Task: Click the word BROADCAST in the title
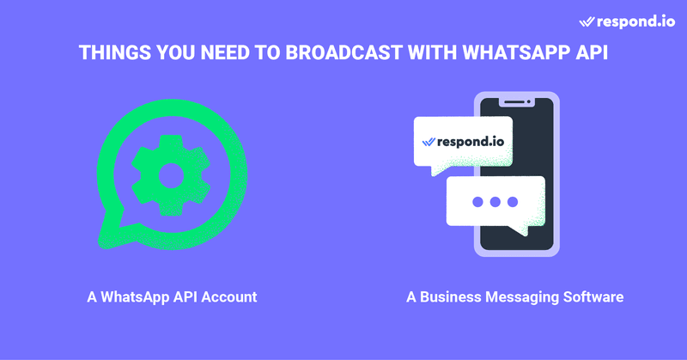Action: (344, 52)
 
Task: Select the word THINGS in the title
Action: (115, 52)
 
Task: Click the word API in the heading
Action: (592, 52)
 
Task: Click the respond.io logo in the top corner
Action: (627, 21)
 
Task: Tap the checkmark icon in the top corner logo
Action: (587, 22)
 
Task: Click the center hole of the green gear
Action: (171, 175)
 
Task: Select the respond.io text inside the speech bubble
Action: (471, 142)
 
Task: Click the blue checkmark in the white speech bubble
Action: (428, 142)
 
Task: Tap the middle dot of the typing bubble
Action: (495, 202)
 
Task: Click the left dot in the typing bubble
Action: (478, 202)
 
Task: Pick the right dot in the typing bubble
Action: (513, 202)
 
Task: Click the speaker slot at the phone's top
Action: (514, 102)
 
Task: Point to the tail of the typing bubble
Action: (520, 229)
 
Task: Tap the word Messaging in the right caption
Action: (522, 297)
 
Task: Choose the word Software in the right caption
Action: (593, 297)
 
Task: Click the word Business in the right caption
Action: (450, 297)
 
